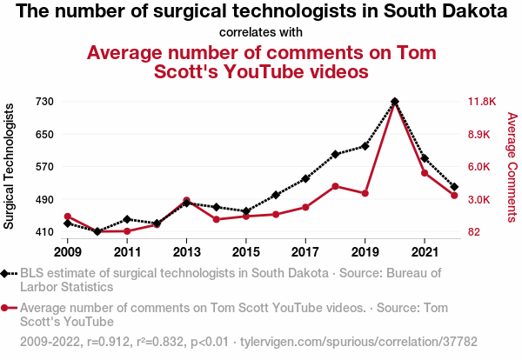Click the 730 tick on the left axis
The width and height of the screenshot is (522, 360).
[x=45, y=102]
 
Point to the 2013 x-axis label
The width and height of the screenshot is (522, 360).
[x=186, y=252]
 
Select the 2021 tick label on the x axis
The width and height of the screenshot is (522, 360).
[x=424, y=252]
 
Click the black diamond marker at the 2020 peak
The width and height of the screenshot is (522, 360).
[x=394, y=102]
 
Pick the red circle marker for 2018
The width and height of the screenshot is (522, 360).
[x=335, y=186]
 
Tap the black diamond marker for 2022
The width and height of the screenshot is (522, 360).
[x=454, y=187]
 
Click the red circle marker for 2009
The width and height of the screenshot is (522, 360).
[x=68, y=217]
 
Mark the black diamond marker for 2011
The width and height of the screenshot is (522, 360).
[x=127, y=219]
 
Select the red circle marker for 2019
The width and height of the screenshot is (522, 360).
[x=365, y=193]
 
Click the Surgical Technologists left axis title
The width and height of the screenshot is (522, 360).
[x=10, y=166]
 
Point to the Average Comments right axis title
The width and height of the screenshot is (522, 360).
[x=512, y=166]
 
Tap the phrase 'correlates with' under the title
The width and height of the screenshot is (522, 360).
[x=261, y=32]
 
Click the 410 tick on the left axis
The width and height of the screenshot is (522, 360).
[x=45, y=232]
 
